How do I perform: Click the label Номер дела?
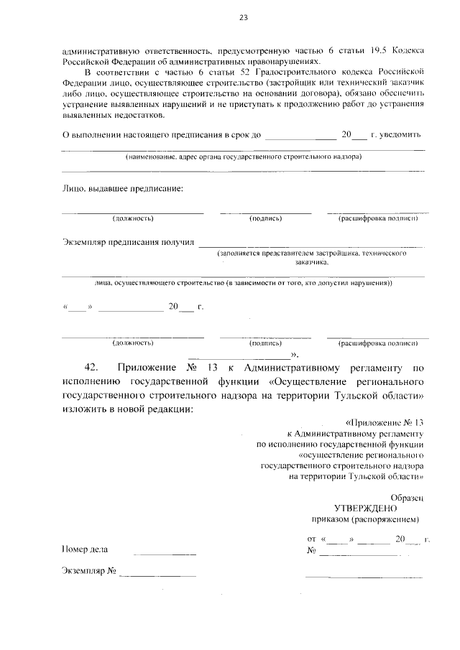[x=85, y=549]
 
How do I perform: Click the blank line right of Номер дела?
[x=165, y=553]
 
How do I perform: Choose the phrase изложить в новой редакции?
[x=128, y=409]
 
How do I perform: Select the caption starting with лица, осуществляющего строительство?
[x=243, y=283]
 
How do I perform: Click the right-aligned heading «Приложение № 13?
[x=385, y=423]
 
